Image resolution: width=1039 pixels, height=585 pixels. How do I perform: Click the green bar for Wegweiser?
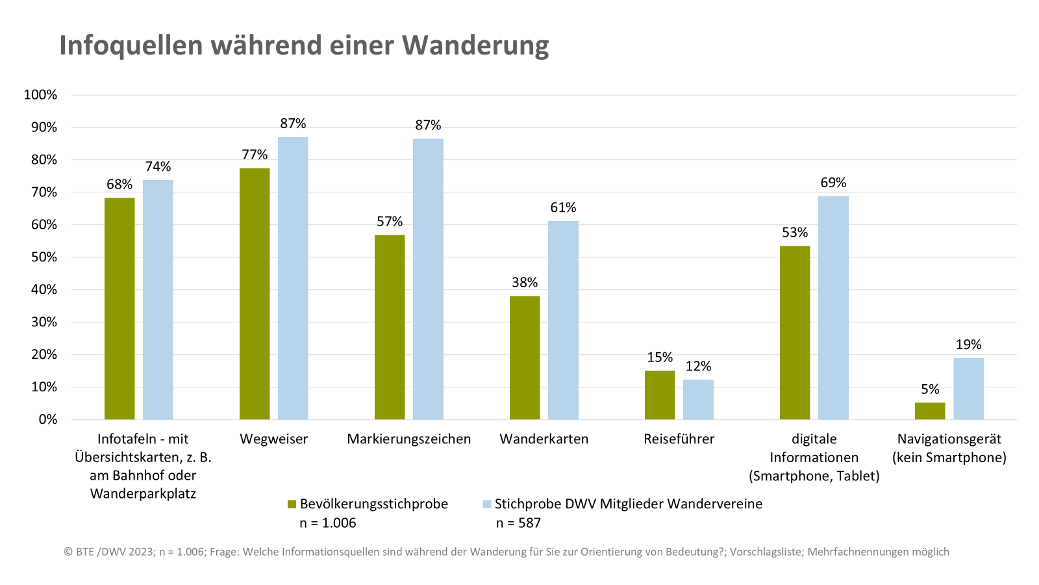pos(255,294)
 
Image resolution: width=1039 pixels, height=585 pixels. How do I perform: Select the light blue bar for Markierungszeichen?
pos(428,279)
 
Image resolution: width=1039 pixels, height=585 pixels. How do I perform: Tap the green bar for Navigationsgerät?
pos(930,411)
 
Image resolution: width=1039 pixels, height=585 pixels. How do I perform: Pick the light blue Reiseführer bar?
pos(698,399)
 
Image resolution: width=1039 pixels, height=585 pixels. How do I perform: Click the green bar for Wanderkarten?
pos(525,357)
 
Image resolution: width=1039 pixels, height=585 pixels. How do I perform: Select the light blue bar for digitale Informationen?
pos(833,307)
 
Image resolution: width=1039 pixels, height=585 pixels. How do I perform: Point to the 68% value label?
pos(119,185)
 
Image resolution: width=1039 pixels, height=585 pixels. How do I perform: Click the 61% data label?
pos(563,207)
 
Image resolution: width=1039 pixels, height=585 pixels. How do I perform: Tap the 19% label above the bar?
pos(968,344)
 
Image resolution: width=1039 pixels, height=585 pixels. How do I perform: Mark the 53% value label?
pos(795,233)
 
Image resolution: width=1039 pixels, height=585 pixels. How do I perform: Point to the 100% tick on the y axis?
pos(40,95)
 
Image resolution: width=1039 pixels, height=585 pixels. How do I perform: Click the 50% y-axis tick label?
pos(44,257)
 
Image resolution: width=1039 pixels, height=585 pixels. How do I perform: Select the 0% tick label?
pos(47,420)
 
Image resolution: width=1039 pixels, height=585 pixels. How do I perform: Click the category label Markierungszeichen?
pos(408,439)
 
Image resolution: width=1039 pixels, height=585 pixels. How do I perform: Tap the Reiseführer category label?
pos(679,439)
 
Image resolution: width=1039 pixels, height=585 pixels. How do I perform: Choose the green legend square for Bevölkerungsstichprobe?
pos(292,504)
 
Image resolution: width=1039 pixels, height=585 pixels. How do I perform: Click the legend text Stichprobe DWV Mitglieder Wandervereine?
pos(628,504)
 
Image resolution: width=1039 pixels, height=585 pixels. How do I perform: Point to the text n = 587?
pos(518,523)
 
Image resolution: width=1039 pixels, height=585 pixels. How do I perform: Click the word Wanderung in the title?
pos(475,45)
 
